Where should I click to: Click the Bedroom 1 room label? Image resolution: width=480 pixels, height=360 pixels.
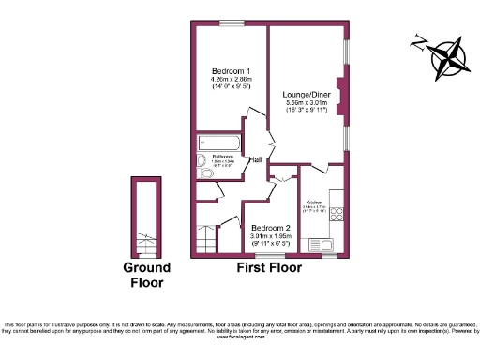click(230, 71)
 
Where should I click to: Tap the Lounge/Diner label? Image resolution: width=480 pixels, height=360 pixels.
click(307, 94)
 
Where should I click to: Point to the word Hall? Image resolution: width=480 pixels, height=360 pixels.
click(255, 160)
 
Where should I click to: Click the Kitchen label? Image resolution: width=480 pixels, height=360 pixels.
click(314, 202)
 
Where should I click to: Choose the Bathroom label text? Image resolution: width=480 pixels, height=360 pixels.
click(222, 156)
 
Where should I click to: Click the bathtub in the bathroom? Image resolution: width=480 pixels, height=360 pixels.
click(218, 142)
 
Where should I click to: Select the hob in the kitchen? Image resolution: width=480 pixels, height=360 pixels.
click(337, 213)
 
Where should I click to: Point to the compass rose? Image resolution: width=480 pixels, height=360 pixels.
click(442, 55)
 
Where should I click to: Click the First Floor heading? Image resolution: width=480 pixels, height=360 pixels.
click(268, 268)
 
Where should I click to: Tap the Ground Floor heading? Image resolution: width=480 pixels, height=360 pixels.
click(147, 275)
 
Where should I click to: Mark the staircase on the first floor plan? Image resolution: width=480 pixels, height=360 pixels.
click(206, 240)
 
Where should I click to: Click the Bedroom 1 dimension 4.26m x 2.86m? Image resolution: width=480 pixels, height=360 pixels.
click(230, 80)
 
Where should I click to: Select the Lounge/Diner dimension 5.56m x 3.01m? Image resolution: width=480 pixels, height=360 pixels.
click(307, 102)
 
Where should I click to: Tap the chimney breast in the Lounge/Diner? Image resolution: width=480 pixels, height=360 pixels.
click(340, 97)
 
